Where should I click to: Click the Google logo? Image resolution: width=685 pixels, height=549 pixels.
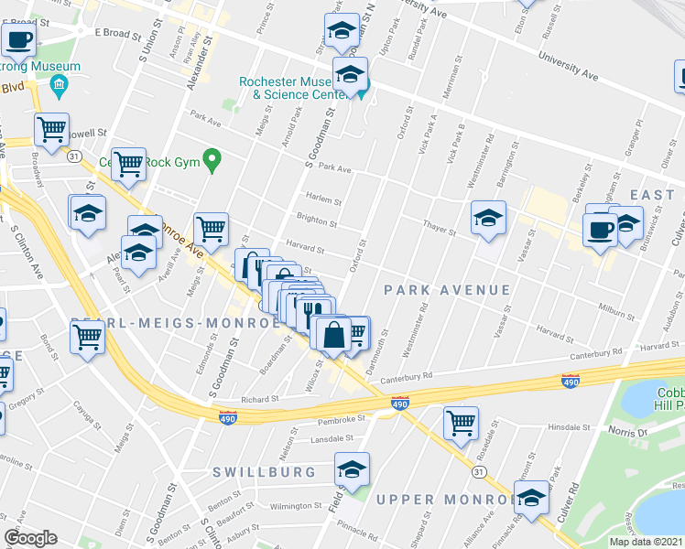tap(30, 538)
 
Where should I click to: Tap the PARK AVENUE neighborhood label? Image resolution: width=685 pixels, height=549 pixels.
tap(447, 290)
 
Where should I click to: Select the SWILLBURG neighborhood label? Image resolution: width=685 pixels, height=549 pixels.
tap(264, 472)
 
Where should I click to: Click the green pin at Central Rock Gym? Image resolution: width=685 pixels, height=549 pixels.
tap(212, 160)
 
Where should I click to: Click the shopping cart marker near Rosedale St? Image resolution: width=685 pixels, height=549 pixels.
tap(461, 422)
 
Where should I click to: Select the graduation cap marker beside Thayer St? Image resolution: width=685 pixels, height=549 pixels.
tap(489, 218)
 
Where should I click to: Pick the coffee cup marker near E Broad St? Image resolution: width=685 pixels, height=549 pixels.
tap(19, 39)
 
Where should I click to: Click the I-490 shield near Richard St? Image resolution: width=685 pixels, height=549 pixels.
tap(228, 418)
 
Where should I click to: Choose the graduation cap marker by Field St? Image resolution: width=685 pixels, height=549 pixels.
tap(352, 470)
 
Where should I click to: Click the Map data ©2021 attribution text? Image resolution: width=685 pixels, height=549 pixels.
tap(646, 542)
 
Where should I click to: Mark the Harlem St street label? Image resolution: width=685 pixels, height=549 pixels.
tap(324, 202)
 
